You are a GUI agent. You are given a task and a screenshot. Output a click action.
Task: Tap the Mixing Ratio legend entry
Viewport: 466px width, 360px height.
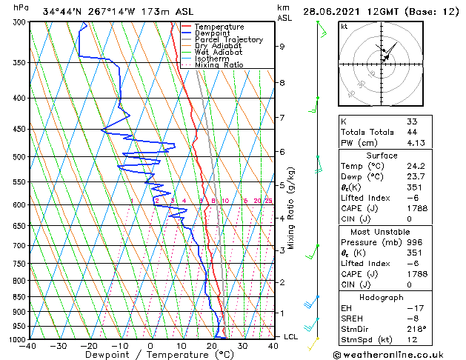click(219, 65)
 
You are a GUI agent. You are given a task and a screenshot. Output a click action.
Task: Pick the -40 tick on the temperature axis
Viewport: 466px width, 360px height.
click(28, 345)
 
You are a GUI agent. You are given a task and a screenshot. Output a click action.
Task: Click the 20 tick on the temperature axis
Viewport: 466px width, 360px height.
click(212, 345)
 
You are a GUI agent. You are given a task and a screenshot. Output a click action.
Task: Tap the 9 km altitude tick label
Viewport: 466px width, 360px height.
click(282, 46)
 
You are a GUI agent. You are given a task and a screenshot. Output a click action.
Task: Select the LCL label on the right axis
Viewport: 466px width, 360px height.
click(292, 336)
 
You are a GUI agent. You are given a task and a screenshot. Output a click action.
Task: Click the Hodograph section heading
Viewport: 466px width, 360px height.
click(382, 297)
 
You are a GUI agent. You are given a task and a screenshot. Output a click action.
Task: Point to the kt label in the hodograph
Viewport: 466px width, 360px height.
click(344, 26)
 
